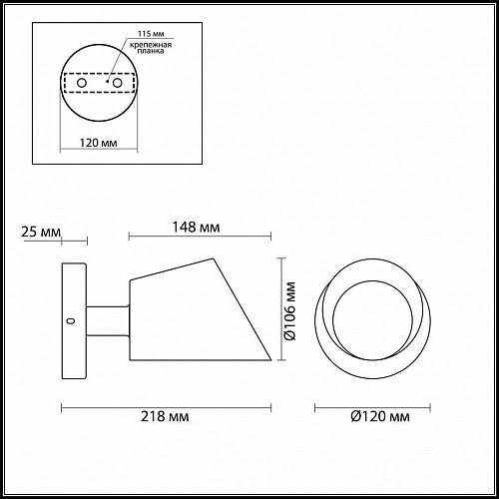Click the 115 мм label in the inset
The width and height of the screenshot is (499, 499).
click(x=151, y=34)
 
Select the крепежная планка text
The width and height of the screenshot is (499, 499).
click(x=151, y=48)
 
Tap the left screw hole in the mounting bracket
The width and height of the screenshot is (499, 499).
click(x=82, y=83)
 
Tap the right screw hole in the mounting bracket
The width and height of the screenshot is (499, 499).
click(x=117, y=83)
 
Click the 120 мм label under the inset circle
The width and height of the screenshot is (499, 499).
click(x=99, y=143)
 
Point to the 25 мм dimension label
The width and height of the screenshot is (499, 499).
click(x=41, y=232)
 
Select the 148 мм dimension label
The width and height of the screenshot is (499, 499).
click(x=196, y=228)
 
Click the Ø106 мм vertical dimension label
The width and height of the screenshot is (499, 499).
click(x=289, y=311)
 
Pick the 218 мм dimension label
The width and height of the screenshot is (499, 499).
click(x=165, y=416)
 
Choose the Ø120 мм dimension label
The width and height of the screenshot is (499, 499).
click(x=380, y=416)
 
